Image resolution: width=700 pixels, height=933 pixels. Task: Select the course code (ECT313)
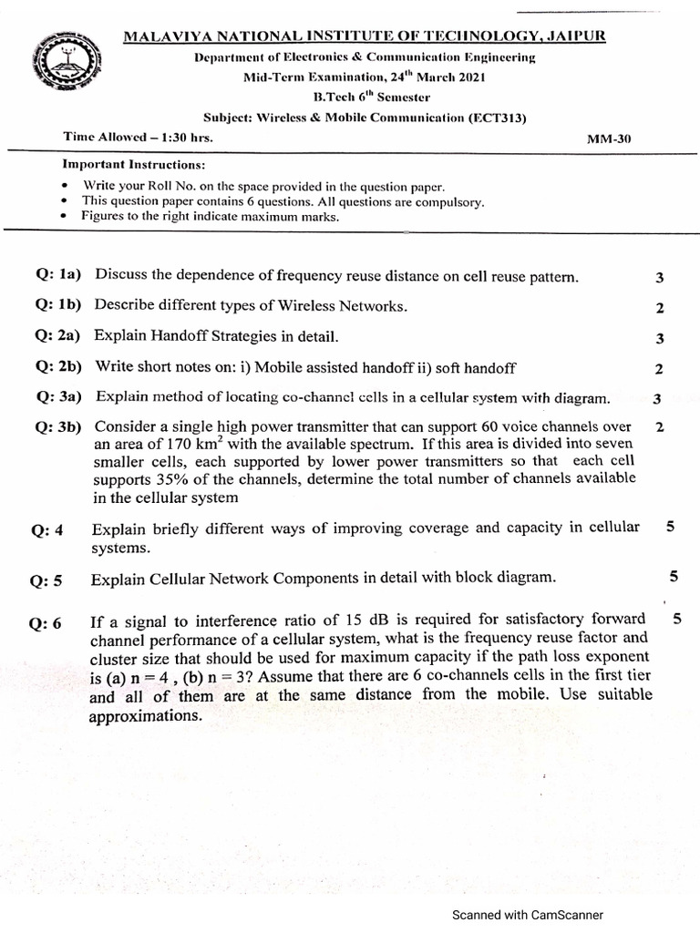498,117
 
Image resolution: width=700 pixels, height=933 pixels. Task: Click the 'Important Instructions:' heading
133,165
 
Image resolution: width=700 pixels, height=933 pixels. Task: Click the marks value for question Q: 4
670,527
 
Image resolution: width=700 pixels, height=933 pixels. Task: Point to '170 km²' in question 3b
190,445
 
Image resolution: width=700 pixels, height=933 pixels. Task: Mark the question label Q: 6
46,624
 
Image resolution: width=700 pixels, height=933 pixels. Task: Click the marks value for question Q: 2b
659,369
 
